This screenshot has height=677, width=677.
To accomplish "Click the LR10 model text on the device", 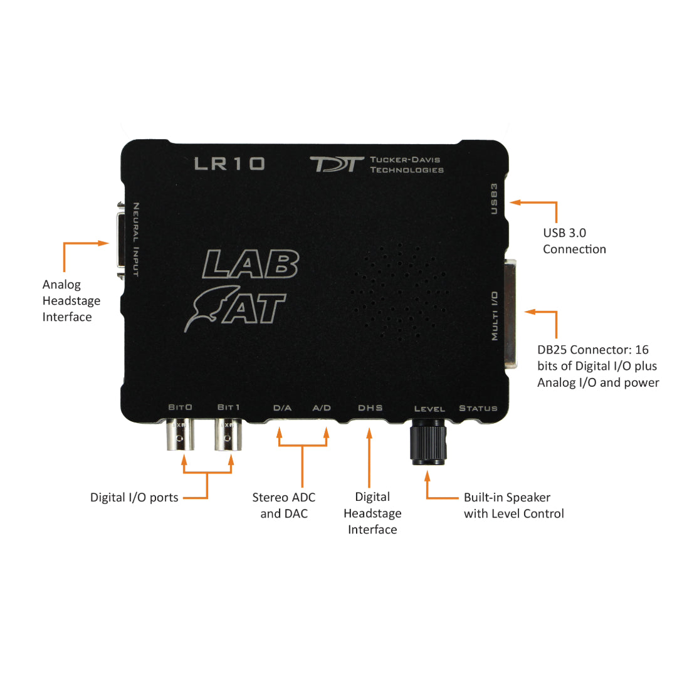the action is tap(229, 163).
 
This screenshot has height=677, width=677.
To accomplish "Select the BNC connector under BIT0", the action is tap(180, 434).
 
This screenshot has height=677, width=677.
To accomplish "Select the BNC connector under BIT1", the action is tap(228, 434).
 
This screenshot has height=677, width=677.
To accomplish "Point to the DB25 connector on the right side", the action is tap(511, 313).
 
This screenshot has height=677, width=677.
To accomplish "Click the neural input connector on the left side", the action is tap(121, 240).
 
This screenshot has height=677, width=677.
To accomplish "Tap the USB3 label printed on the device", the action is tap(495, 199).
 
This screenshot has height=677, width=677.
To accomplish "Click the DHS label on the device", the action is tap(370, 407).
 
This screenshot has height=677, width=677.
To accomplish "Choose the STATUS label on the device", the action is tap(478, 408).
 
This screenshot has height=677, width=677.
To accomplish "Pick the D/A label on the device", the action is tap(282, 407).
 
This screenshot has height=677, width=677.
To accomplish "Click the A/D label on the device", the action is tap(322, 407).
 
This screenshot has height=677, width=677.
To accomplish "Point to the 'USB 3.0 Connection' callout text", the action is tap(574, 241).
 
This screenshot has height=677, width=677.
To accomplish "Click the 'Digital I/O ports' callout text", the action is tap(134, 497).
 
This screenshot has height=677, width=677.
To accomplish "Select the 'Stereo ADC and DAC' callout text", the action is tap(284, 505).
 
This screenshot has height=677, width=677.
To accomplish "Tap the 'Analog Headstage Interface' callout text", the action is tap(71, 300).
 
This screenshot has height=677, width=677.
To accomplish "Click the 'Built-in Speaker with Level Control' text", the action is tap(514, 505).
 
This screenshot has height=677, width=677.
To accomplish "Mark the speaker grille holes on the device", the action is tap(400, 291).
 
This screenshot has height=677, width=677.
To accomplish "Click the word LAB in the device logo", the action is tap(250, 264).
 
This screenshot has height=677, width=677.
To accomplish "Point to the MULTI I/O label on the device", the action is tap(495, 315).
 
